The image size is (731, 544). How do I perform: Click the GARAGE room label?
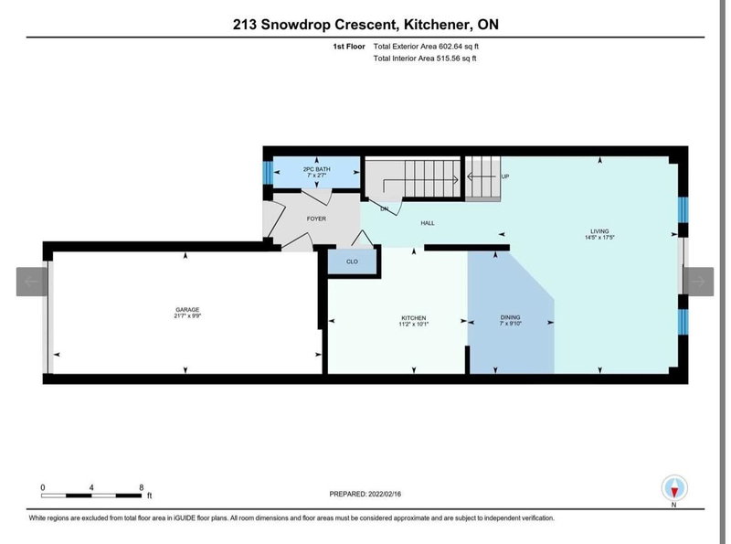tap(186, 310)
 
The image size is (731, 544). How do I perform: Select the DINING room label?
tap(510, 317)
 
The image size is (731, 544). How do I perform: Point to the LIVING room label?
tap(599, 230)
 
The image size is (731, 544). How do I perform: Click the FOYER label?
tap(315, 219)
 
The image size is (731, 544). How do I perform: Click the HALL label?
tap(427, 223)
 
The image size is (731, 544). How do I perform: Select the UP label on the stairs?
tap(503, 176)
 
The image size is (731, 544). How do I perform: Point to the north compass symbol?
tap(673, 487)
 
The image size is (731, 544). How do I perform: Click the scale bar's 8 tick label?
tap(141, 487)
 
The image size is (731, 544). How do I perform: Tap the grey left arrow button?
tap(31, 282)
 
